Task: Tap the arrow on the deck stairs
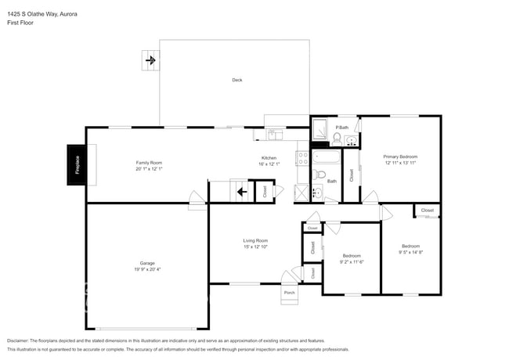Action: point(150,59)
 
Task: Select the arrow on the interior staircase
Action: point(242,190)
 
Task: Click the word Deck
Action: point(236,80)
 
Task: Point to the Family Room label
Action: point(148,163)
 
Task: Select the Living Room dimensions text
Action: point(255,247)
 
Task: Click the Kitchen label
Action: point(269,158)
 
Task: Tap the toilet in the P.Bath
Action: point(337,139)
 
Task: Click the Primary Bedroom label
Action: point(400,157)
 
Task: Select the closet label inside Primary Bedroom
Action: point(352,175)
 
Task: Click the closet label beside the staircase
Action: point(265,190)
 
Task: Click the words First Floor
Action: point(21,23)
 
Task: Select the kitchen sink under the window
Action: point(273,135)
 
